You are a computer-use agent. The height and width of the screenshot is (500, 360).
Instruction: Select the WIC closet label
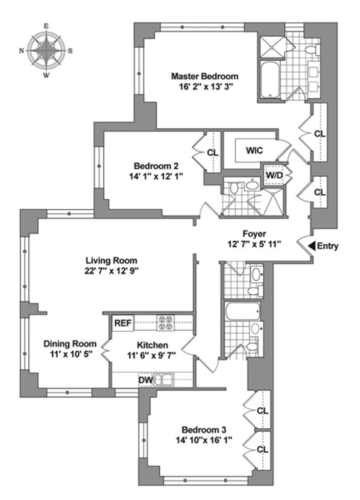(x=254, y=150)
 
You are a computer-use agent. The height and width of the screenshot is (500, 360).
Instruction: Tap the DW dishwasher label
(x=146, y=381)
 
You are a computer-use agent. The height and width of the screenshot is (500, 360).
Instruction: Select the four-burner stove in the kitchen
(x=165, y=323)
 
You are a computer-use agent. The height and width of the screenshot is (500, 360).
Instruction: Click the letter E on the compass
(x=46, y=27)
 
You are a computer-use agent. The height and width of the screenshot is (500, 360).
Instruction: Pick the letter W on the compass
(x=46, y=75)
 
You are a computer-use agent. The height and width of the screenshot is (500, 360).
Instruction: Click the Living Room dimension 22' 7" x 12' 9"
(x=112, y=271)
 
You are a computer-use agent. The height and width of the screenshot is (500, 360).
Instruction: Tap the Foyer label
(x=254, y=234)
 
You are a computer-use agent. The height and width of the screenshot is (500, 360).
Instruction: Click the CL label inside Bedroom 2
(x=213, y=153)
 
